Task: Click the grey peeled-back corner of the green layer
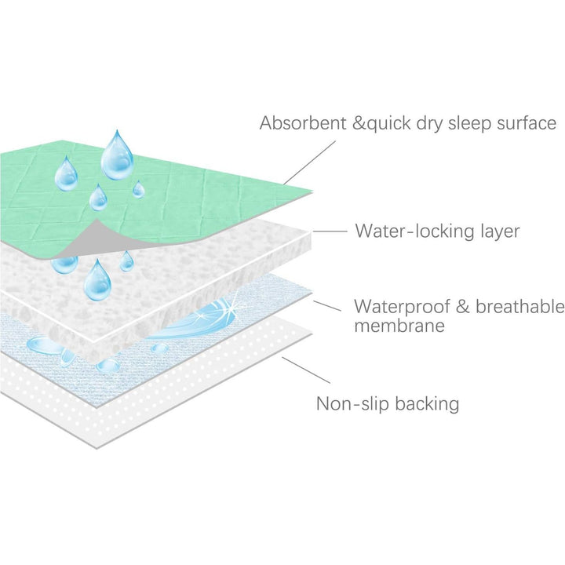pos(86,239)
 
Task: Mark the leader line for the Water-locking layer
pos(330,231)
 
